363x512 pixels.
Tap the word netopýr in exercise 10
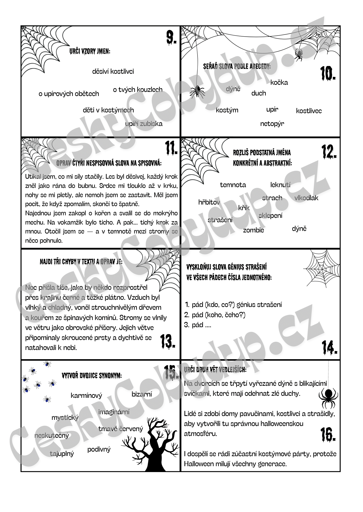point(272,124)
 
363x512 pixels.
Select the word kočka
point(279,82)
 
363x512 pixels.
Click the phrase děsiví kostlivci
point(113,71)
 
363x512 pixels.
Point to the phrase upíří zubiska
point(144,124)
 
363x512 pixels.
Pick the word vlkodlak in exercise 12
point(306,198)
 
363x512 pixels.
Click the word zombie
point(253,230)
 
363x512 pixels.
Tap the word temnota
point(233,185)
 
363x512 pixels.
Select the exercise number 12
point(329,152)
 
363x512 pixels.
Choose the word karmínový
point(86,396)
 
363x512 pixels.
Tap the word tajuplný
point(62,454)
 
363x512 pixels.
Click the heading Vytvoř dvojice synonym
point(92,376)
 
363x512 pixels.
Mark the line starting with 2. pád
point(215,315)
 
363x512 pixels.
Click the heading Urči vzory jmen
point(90,51)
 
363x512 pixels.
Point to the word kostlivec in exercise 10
point(309,111)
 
